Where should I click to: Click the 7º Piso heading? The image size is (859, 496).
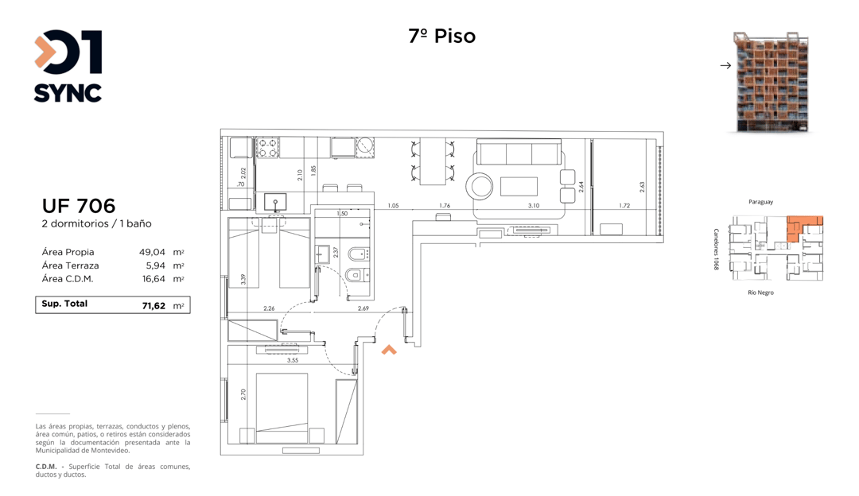(x=442, y=36)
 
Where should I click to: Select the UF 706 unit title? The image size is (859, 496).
(x=79, y=206)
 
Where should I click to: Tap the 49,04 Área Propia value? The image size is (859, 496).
(x=152, y=253)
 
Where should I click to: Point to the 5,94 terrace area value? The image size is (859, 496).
(x=156, y=265)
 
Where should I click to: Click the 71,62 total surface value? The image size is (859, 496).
(x=154, y=305)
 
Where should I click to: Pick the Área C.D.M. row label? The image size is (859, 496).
(x=68, y=279)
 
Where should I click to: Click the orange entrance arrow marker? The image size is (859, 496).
(x=389, y=350)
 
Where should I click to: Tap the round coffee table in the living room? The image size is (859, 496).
(x=480, y=186)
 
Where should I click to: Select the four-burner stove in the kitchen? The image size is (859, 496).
(x=267, y=148)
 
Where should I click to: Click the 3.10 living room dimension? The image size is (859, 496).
(x=534, y=206)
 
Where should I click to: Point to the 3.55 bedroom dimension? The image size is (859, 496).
(x=293, y=360)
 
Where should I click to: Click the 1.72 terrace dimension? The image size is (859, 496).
(x=624, y=206)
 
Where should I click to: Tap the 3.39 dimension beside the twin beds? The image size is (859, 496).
(x=243, y=279)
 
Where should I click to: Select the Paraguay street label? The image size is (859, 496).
(x=761, y=202)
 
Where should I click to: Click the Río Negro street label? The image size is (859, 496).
(x=761, y=293)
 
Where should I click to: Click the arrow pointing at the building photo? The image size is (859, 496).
(x=726, y=66)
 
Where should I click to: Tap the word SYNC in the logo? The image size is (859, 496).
(x=68, y=93)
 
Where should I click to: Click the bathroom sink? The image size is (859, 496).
(x=322, y=254)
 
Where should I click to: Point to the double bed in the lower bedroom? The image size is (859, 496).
(x=282, y=408)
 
